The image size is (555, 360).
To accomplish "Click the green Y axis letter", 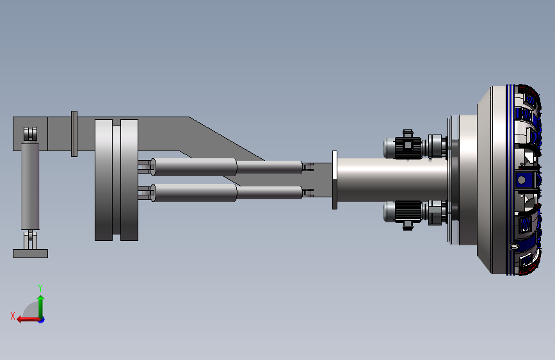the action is (x=40, y=288).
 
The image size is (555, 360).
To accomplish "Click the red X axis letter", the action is (x=13, y=316).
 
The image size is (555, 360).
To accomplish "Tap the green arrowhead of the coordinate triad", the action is (x=41, y=299).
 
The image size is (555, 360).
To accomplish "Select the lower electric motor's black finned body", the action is (x=408, y=211).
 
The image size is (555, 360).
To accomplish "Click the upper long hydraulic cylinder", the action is (x=227, y=167).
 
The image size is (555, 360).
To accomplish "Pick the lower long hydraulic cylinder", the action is (x=227, y=193).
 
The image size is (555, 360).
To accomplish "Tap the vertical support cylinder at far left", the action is (x=30, y=186).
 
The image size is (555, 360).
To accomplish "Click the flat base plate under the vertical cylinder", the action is (x=31, y=254).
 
